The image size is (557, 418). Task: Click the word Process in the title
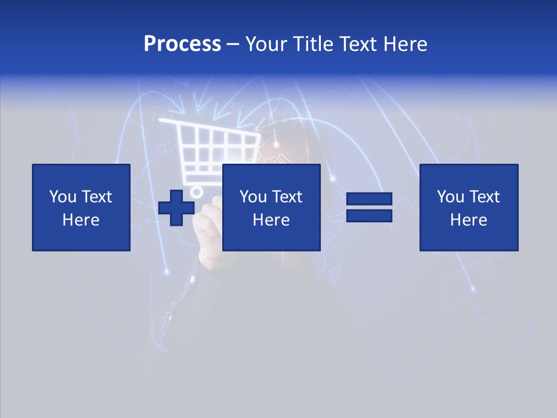pos(182,44)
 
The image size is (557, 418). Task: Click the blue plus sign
pos(176,207)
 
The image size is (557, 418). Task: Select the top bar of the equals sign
pos(369,199)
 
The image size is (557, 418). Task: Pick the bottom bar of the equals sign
pos(369,215)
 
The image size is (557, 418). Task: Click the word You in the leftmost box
pos(63,197)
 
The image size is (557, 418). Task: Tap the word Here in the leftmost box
pos(81,220)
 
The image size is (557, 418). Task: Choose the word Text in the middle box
pos(287,197)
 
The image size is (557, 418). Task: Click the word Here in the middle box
pos(271,220)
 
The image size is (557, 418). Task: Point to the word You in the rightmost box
pos(450,197)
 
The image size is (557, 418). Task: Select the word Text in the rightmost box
pos(484,197)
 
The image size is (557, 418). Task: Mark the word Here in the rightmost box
pos(468,220)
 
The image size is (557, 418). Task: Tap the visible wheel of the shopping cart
pos(197,191)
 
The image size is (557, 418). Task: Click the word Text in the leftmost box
pos(96,197)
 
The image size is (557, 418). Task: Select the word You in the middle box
pos(253,197)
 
